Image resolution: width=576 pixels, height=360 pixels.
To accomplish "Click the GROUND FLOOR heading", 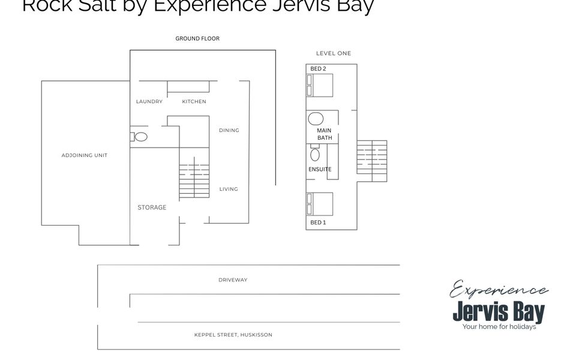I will coord(197,38).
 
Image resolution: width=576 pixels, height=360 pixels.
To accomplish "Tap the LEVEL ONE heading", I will coord(334,53).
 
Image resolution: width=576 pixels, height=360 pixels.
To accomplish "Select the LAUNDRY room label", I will coord(149,102).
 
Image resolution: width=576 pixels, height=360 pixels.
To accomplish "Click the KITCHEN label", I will coord(194,102).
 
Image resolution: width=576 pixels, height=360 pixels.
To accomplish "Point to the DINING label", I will coord(229,130).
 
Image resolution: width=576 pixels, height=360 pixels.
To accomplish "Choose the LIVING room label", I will coord(229,189).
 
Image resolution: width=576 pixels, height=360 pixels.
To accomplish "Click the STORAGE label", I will coord(152,208).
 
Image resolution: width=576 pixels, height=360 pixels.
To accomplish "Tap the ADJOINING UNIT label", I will coord(85,155).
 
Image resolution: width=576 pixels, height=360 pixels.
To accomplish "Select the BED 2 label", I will coord(318,69).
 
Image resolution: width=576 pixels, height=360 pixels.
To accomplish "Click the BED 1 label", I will coord(318,223).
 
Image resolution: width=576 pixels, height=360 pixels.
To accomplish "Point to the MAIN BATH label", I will coord(324,134).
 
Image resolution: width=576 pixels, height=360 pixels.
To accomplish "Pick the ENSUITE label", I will coord(320,169).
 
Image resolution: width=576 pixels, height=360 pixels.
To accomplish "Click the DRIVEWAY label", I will coord(233,280).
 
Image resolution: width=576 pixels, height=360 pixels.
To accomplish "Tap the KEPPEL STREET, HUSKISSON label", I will coord(233,335).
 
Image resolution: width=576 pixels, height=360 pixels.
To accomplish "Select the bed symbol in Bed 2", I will coord(320,85).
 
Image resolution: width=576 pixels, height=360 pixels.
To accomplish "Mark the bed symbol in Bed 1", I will coord(320,204).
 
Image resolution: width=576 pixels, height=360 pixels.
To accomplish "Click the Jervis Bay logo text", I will coord(499,312).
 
